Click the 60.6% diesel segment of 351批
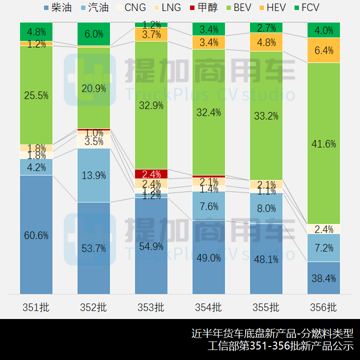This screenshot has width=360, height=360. [36, 235]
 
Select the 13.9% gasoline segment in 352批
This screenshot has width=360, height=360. [93, 175]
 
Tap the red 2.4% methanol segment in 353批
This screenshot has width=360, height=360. [151, 174]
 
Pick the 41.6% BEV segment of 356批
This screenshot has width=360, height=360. [323, 143]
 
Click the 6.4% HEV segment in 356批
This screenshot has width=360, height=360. [323, 50]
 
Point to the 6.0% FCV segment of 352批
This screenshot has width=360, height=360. [93, 34]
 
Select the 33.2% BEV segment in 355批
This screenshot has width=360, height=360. [266, 116]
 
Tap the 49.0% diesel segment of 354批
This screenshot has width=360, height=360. [208, 257]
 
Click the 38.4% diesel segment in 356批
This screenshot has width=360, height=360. [323, 278]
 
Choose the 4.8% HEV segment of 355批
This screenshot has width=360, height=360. [266, 42]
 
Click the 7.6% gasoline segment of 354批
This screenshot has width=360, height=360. [208, 206]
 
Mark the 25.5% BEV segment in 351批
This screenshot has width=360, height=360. [36, 95]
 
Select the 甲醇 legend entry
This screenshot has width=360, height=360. [203, 7]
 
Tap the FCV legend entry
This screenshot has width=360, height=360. [305, 7]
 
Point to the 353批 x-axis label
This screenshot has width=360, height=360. [151, 307]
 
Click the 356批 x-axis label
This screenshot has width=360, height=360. [323, 307]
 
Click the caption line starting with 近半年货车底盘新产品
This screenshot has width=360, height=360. [272, 333]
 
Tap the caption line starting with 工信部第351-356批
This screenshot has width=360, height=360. [280, 345]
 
